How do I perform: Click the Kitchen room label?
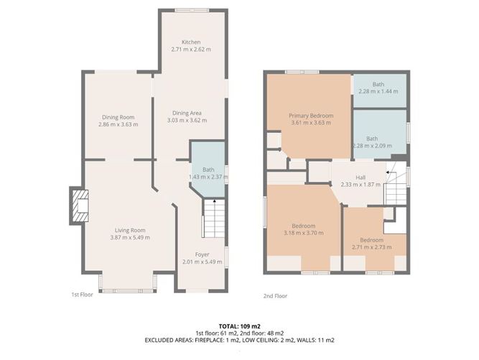(190, 42)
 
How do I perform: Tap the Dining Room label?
(118, 117)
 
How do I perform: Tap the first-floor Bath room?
(208, 170)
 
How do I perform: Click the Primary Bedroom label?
(308, 115)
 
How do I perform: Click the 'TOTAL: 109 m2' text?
(239, 326)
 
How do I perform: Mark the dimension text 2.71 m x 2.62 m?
(190, 50)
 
